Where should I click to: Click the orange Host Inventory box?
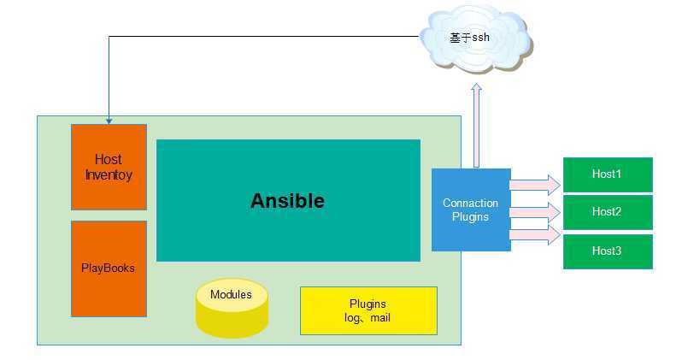tap(109, 167)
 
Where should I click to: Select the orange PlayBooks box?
tap(109, 269)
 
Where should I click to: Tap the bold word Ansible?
tap(287, 201)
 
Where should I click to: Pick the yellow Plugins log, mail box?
tap(368, 310)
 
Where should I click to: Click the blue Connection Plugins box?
tap(471, 210)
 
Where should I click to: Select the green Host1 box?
tap(607, 174)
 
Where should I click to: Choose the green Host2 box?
tap(607, 212)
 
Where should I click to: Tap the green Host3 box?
tap(607, 251)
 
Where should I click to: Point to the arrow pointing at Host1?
tap(535, 184)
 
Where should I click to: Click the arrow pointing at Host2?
tap(535, 211)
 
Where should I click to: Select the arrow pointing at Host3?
tap(535, 234)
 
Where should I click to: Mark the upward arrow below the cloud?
tap(476, 124)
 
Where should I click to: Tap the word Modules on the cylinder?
tap(231, 295)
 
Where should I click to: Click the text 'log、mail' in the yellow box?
tap(368, 318)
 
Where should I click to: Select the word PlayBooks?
tap(109, 268)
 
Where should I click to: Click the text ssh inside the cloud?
tap(480, 38)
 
